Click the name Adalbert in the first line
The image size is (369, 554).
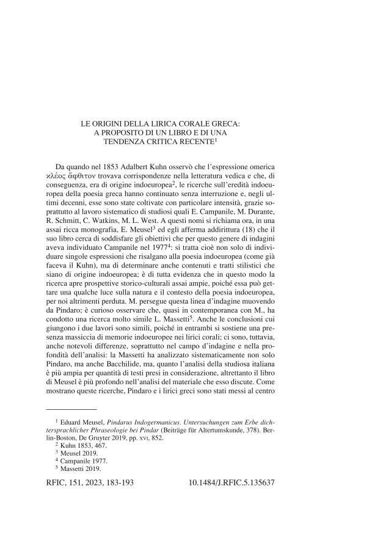click(142, 167)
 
